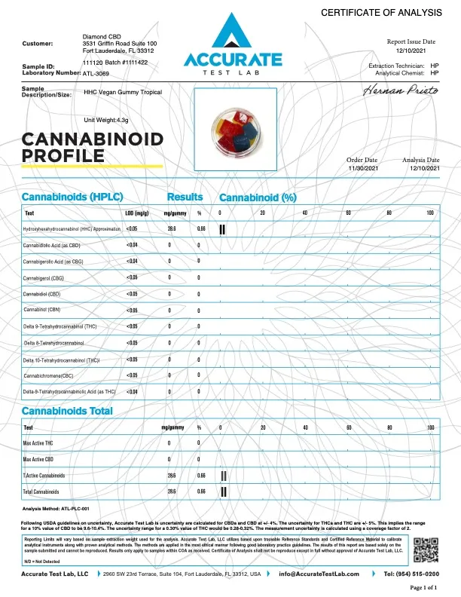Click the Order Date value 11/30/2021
click(361, 169)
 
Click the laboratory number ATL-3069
click(96, 74)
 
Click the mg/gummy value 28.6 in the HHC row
click(172, 228)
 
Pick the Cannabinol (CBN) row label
click(44, 310)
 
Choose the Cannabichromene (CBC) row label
click(50, 375)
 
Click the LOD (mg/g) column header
click(136, 213)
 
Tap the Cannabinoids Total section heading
click(68, 411)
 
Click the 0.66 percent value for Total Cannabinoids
click(201, 491)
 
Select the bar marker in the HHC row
click(222, 228)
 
